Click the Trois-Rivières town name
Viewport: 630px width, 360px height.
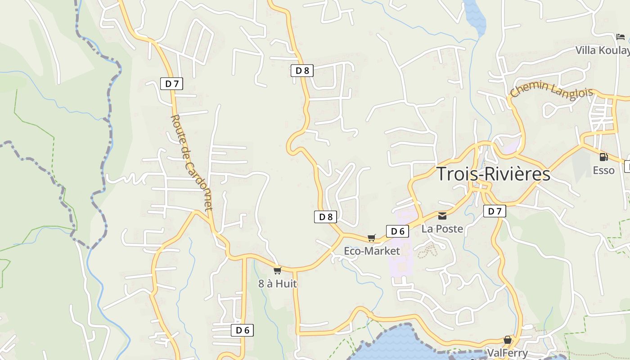click(494, 174)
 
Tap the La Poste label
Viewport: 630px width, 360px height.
click(442, 229)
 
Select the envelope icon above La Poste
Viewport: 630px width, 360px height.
click(442, 216)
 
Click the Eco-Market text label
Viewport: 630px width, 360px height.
click(372, 251)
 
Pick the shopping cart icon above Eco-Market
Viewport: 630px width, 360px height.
click(372, 238)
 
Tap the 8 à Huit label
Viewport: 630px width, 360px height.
click(278, 283)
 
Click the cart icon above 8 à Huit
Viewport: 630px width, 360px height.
click(278, 270)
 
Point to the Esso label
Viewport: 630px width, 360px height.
click(603, 170)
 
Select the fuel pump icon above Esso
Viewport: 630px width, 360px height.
click(603, 157)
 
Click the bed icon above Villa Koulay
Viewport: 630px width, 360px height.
click(621, 37)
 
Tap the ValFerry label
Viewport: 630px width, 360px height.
click(508, 352)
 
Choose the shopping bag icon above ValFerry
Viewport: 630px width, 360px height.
click(508, 340)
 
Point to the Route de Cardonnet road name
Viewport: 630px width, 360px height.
click(191, 163)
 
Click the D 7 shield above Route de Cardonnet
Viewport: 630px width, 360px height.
click(171, 83)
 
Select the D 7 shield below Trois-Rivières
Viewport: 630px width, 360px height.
click(495, 211)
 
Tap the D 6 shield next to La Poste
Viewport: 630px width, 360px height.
click(397, 231)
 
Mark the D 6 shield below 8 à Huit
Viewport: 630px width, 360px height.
click(242, 330)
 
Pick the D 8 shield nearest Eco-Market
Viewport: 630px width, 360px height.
click(325, 217)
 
